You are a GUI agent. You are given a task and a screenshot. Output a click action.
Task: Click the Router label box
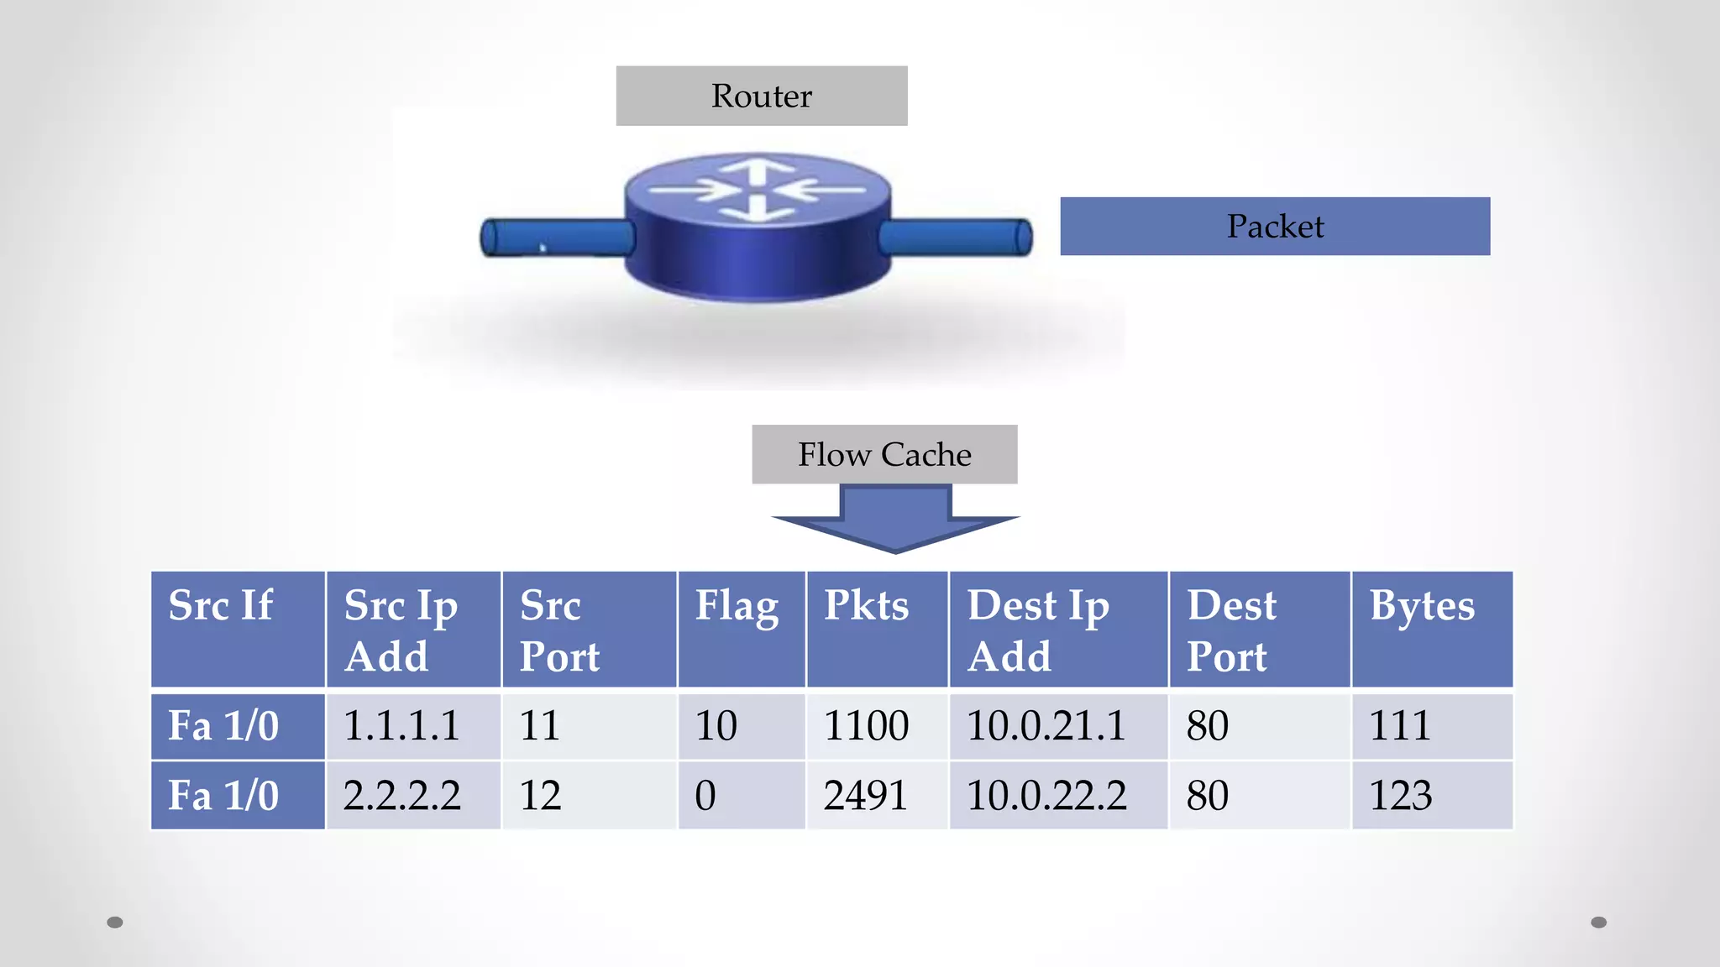(x=761, y=96)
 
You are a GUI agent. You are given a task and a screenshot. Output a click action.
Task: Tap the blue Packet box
(x=1274, y=226)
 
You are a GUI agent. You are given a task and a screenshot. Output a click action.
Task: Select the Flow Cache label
(x=884, y=454)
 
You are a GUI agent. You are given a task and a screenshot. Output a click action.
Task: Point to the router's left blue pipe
(x=556, y=237)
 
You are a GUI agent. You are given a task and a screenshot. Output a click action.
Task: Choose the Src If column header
(x=238, y=630)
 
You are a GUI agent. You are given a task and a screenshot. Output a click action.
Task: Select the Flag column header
(x=741, y=630)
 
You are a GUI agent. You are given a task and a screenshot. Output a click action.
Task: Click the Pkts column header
(x=877, y=630)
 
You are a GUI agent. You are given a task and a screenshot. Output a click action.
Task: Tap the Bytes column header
(x=1431, y=630)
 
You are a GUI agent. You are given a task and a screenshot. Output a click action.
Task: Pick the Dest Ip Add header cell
(x=1058, y=630)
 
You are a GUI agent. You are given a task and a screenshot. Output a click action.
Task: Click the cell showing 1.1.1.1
(x=413, y=726)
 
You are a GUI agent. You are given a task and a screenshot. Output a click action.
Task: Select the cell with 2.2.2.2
(x=413, y=795)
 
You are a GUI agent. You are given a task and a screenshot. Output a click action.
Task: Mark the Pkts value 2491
(x=877, y=795)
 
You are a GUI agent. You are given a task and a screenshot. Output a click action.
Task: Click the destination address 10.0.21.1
(x=1058, y=726)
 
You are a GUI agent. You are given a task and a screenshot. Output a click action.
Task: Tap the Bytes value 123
(x=1431, y=795)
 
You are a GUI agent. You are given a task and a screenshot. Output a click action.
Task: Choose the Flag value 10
(x=741, y=726)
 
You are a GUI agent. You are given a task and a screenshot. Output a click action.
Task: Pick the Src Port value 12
(x=589, y=795)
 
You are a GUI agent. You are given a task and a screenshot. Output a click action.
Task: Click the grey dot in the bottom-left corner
(x=115, y=923)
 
